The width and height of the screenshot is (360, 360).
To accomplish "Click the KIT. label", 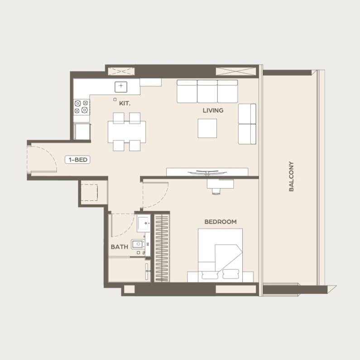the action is click(125, 104).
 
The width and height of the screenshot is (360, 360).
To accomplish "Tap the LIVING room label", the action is click(213, 110).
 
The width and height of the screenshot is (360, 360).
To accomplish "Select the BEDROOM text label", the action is click(221, 222).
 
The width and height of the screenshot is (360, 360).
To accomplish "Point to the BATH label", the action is click(119, 247).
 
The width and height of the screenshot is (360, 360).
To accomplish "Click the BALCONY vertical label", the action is click(291, 176).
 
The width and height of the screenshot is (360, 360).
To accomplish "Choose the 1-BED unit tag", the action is click(78, 160).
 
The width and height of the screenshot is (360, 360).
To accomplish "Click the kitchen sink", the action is click(121, 87).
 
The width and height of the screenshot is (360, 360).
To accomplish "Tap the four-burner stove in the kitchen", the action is click(82, 107).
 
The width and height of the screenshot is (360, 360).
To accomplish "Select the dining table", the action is click(127, 132).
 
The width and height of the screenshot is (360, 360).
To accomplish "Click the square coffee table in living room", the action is click(207, 128).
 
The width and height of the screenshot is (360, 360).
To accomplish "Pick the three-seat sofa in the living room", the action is click(207, 91).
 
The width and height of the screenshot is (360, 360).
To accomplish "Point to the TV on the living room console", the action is click(207, 172).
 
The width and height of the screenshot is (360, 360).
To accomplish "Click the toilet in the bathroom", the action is click(138, 244).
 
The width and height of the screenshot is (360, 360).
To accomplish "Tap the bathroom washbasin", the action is click(144, 223).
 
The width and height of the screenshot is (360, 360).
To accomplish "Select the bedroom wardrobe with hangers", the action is click(162, 248).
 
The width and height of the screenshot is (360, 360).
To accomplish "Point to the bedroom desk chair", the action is click(216, 191).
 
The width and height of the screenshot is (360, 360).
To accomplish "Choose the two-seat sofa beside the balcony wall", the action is click(247, 124).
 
